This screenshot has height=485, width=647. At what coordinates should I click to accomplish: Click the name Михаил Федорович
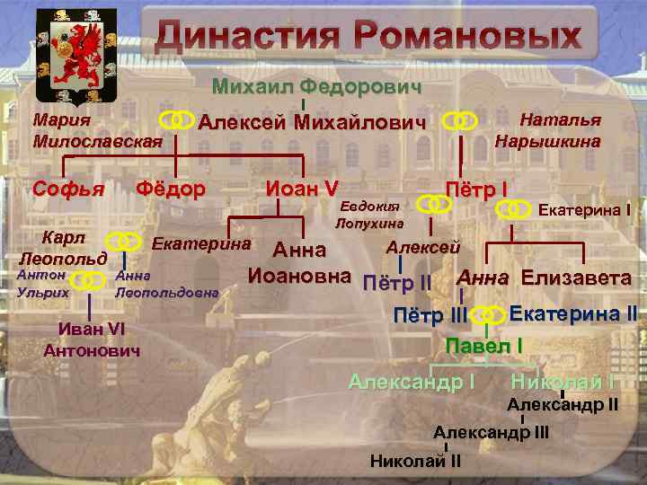(316, 87)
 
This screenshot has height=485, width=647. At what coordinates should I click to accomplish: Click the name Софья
(68, 190)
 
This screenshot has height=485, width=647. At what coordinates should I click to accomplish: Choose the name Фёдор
(170, 190)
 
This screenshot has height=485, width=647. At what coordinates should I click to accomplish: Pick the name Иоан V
(302, 189)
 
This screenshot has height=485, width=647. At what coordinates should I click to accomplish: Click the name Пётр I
(477, 190)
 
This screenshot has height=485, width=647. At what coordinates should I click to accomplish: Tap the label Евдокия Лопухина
(369, 215)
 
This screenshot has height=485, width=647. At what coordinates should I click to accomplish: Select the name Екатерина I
(583, 210)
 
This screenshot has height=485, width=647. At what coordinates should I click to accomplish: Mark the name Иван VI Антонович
(92, 338)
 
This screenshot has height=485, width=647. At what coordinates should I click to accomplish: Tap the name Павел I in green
(484, 345)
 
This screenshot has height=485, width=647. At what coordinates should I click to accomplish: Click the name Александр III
(491, 432)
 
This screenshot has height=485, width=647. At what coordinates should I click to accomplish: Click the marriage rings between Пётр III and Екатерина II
(487, 315)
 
